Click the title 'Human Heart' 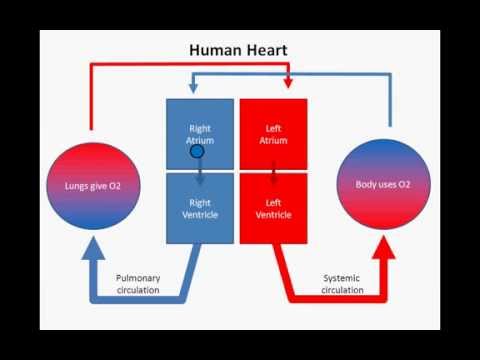pyautogui.click(x=238, y=50)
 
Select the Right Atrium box pyautogui.click(x=200, y=134)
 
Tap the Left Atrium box pyautogui.click(x=273, y=134)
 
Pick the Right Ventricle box pyautogui.click(x=200, y=208)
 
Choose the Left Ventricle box pyautogui.click(x=273, y=208)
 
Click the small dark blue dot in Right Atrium pyautogui.click(x=197, y=152)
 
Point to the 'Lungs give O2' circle pyautogui.click(x=93, y=186)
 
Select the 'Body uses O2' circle pyautogui.click(x=383, y=184)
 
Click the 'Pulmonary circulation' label pyautogui.click(x=138, y=284)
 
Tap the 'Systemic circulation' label pyautogui.click(x=342, y=284)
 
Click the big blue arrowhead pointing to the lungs pyautogui.click(x=93, y=248)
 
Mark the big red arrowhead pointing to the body pyautogui.click(x=384, y=247)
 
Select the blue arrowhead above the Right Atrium pyautogui.click(x=193, y=88)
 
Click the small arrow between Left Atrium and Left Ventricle pyautogui.click(x=274, y=173)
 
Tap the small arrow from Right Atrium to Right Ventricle pyautogui.click(x=200, y=172)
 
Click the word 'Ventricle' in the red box pyautogui.click(x=274, y=215)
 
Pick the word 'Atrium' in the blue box pyautogui.click(x=200, y=141)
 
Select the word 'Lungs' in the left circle pyautogui.click(x=74, y=186)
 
